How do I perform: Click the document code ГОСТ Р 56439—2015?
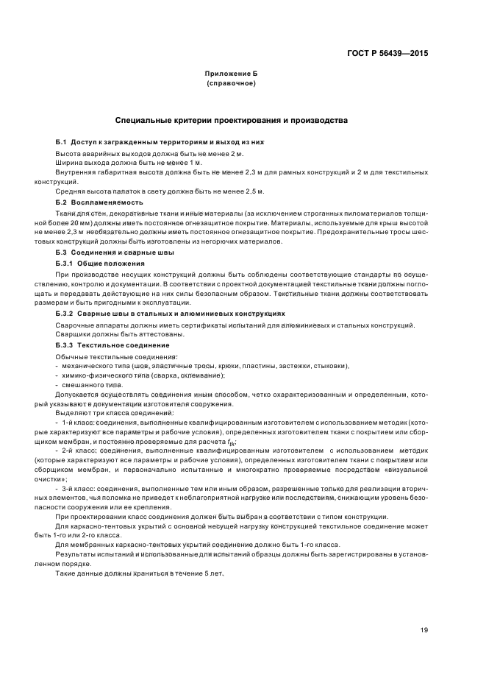click(x=387, y=53)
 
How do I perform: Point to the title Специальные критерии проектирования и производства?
click(x=232, y=120)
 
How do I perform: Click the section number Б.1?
click(x=62, y=141)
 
